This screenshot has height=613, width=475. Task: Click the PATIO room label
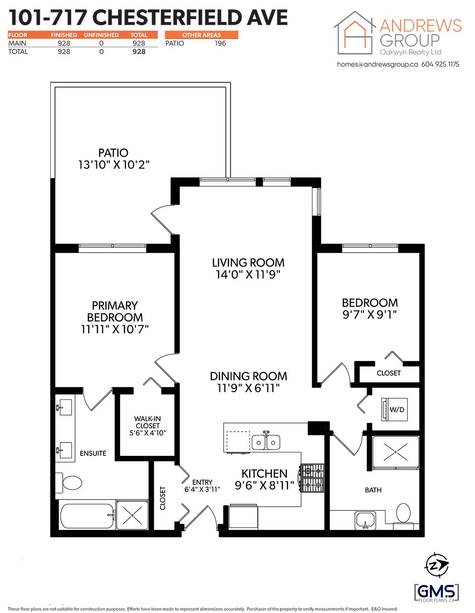(x=113, y=152)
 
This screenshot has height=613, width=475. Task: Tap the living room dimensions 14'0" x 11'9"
(x=248, y=274)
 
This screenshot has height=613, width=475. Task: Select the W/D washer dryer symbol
(x=394, y=409)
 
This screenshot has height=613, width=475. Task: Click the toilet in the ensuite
(x=69, y=483)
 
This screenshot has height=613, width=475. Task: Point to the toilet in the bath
(x=403, y=514)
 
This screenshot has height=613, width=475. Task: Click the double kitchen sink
(x=266, y=442)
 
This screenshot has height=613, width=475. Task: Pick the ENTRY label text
(x=202, y=482)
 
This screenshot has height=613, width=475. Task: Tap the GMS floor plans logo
(x=437, y=593)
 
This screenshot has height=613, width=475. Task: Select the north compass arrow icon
(x=437, y=565)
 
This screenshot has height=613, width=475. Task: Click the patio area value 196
(x=220, y=43)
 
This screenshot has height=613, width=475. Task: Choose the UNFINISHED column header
(x=101, y=35)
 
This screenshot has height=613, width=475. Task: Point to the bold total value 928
(x=139, y=51)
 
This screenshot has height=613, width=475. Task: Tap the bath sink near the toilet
(x=365, y=520)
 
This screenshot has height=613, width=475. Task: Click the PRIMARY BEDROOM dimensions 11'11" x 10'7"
(x=114, y=329)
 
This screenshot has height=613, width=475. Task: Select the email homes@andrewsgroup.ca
(x=377, y=64)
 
